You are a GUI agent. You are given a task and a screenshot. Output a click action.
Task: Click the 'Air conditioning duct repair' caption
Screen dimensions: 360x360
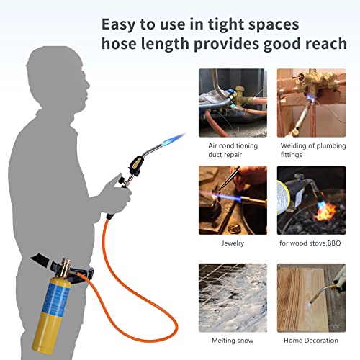coord(228,149)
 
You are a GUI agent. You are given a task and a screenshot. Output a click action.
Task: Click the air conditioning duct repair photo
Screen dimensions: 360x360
coord(228,104)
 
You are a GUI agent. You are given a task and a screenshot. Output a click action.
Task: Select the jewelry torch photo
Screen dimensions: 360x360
coord(228,199)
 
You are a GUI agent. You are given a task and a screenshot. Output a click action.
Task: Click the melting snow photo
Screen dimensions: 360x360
coord(228,297)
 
